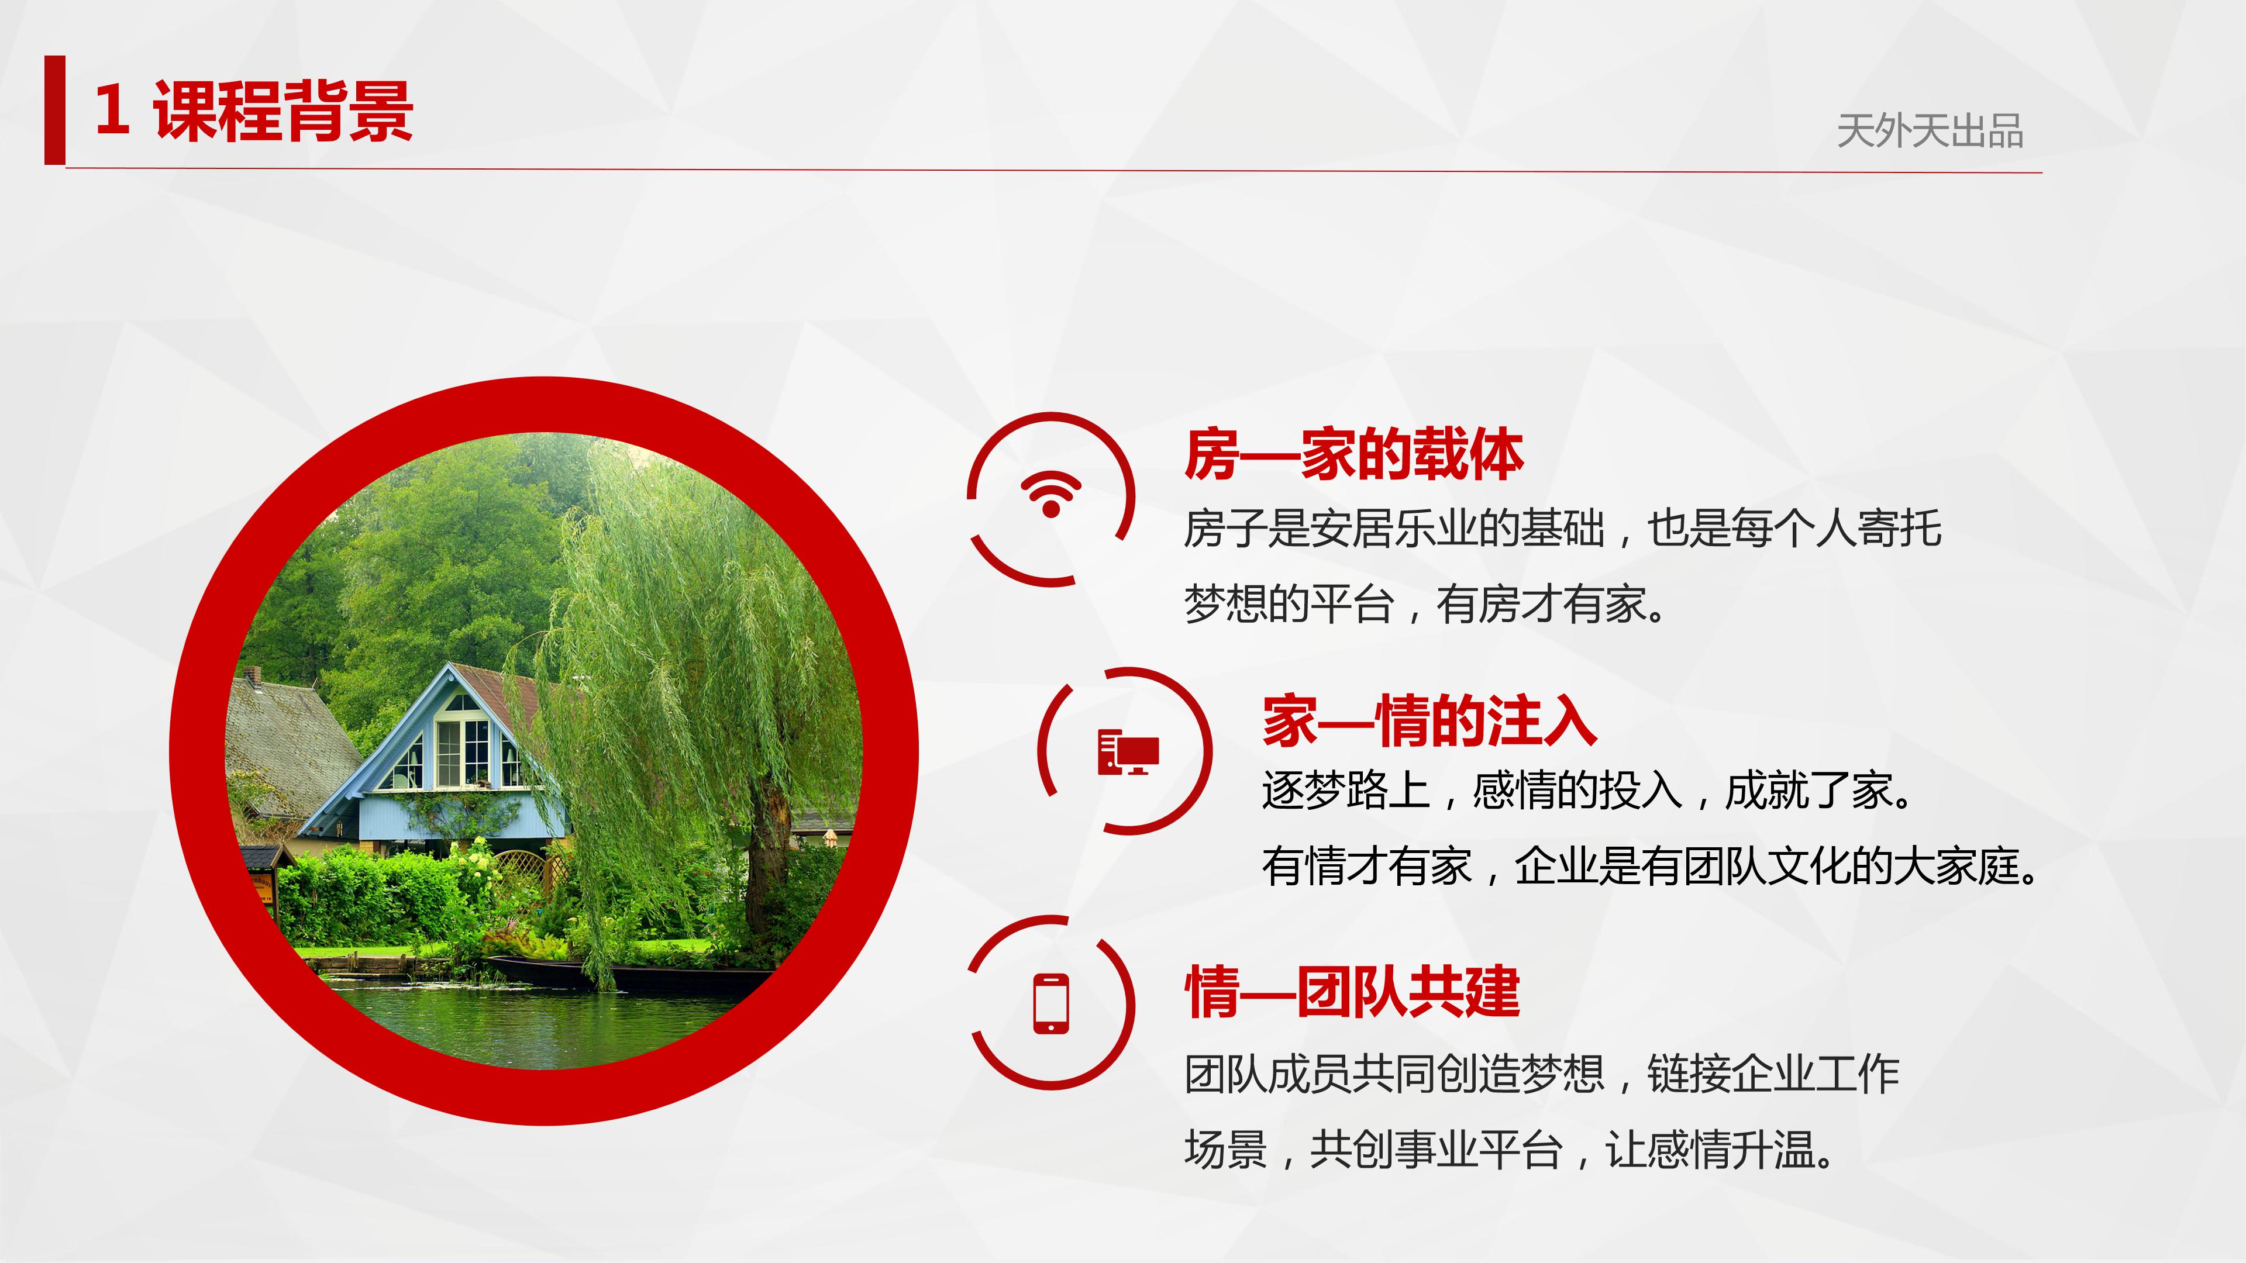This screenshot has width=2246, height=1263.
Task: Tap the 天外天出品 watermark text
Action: tap(1930, 132)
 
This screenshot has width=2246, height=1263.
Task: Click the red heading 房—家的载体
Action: tap(1353, 454)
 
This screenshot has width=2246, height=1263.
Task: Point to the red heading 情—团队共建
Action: tap(1352, 992)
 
